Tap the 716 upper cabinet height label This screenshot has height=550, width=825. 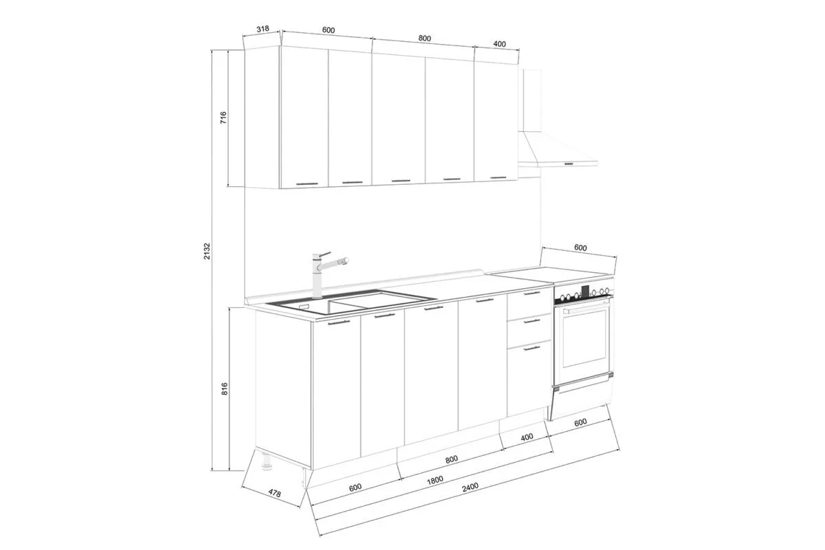(x=223, y=118)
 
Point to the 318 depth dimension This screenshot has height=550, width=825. (x=262, y=30)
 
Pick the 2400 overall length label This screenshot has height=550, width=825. (x=470, y=487)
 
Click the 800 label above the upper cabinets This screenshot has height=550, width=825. (x=424, y=38)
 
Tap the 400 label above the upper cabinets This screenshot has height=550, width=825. (x=500, y=44)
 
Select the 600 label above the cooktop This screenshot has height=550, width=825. (x=580, y=248)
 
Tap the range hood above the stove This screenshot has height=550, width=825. (x=557, y=148)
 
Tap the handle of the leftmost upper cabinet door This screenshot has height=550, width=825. (x=306, y=184)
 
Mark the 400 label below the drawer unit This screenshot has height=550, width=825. (x=527, y=437)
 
